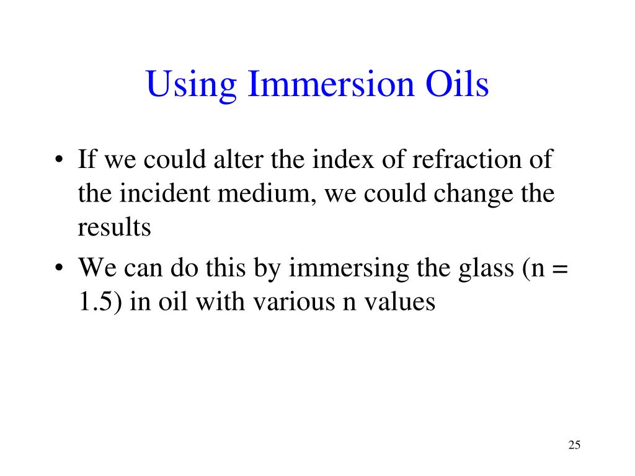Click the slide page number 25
pyautogui.click(x=574, y=445)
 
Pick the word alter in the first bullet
pyautogui.click(x=239, y=160)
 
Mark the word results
pyautogui.click(x=114, y=227)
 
